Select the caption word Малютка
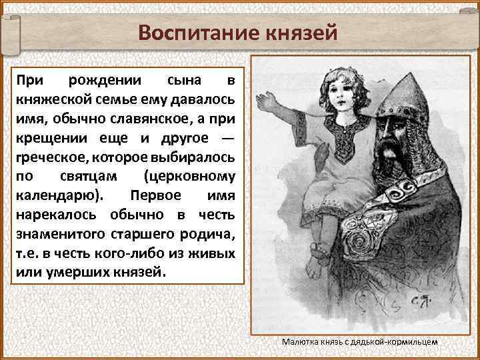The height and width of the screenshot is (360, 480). click(x=299, y=341)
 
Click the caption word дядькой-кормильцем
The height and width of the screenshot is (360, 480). click(x=400, y=341)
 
